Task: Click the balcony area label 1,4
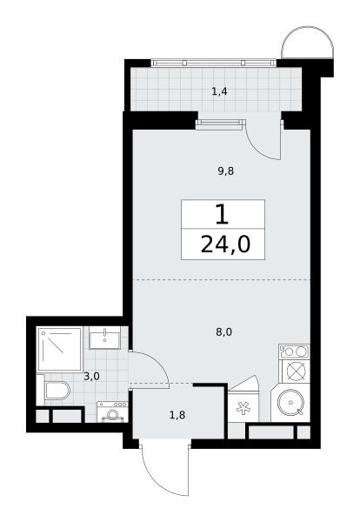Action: (219, 91)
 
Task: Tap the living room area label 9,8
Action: (226, 171)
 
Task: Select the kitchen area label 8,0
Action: (224, 332)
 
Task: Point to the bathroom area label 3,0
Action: (91, 377)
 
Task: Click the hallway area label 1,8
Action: (177, 415)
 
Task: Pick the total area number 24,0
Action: (225, 245)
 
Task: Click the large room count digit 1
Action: (222, 214)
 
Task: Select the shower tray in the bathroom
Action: (60, 349)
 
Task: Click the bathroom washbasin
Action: (104, 338)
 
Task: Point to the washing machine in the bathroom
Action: (112, 412)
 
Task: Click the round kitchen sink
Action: (290, 403)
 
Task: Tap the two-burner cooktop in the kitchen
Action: (295, 351)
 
